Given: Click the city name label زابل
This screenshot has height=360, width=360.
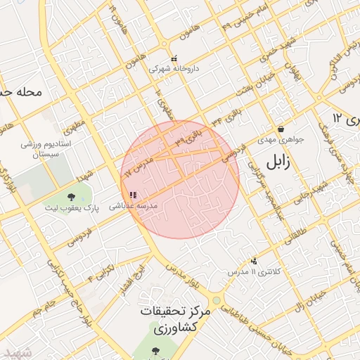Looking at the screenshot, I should point(278,163).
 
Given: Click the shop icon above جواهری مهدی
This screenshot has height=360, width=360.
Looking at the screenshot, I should point(281,129).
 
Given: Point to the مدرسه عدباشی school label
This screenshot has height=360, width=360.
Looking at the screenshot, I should point(141,205).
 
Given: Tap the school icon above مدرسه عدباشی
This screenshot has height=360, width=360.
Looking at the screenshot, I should point(133,195).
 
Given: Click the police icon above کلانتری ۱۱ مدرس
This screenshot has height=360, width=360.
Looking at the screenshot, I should point(254,261).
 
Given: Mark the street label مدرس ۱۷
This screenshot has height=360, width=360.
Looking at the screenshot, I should point(138,165).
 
